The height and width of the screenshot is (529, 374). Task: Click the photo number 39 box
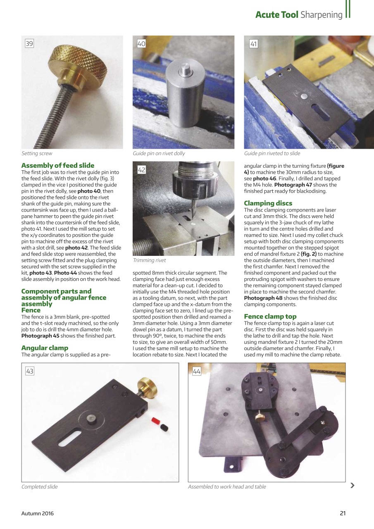coord(29,43)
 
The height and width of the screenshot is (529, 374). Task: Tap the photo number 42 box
coord(141,170)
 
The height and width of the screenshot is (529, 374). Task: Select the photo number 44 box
coord(196,371)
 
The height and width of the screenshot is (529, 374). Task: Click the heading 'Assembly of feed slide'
coord(57,165)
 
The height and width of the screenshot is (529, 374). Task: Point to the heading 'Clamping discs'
coord(268,203)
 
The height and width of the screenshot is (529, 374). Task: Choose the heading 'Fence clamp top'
coord(270,317)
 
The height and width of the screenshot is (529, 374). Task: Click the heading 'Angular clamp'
coord(45,348)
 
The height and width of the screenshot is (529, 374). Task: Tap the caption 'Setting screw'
coord(37,153)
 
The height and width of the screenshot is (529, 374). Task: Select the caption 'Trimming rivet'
coord(149,260)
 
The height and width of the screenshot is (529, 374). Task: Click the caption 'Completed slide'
coord(40,487)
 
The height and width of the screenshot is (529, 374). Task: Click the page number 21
coord(342,514)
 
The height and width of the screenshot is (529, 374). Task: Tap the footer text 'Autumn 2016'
coord(38,514)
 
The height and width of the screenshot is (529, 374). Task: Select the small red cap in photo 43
coord(156,421)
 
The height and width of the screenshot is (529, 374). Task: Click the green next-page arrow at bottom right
coord(352,485)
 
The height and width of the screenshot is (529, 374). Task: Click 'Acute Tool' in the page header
coord(276,15)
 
